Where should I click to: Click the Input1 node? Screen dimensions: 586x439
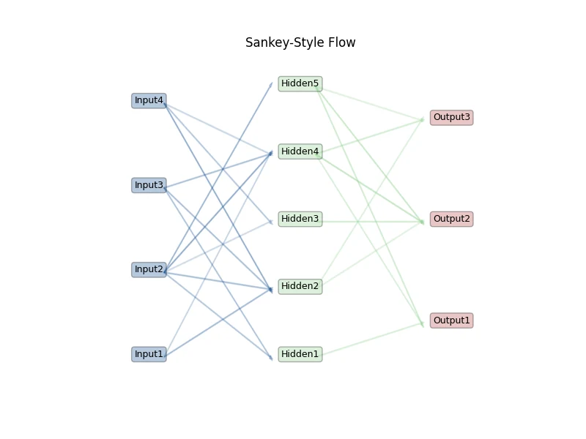pos(149,354)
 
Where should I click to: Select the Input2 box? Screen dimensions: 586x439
pos(149,269)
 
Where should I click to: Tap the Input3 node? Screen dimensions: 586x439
pos(149,185)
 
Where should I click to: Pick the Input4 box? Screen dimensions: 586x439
pos(149,101)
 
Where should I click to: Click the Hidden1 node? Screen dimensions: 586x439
pos(300,354)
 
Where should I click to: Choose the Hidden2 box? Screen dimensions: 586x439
pos(300,286)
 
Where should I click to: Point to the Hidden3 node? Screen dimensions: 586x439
pos(300,219)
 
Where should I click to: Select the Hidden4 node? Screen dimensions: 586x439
pos(300,151)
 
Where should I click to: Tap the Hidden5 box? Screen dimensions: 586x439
pos(300,83)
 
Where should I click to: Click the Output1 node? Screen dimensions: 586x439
pos(451,320)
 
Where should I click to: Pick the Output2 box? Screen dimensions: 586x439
pos(451,219)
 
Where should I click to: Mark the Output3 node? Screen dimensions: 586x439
pos(451,118)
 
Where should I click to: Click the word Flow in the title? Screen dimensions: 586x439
pos(342,42)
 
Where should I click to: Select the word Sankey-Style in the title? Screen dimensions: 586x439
pos(285,43)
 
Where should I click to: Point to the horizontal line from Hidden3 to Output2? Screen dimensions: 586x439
pos(373,222)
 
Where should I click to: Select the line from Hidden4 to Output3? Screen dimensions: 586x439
pos(373,136)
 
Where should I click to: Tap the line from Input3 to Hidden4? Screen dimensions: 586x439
pos(218,170)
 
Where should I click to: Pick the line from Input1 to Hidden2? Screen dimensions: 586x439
pos(218,323)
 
